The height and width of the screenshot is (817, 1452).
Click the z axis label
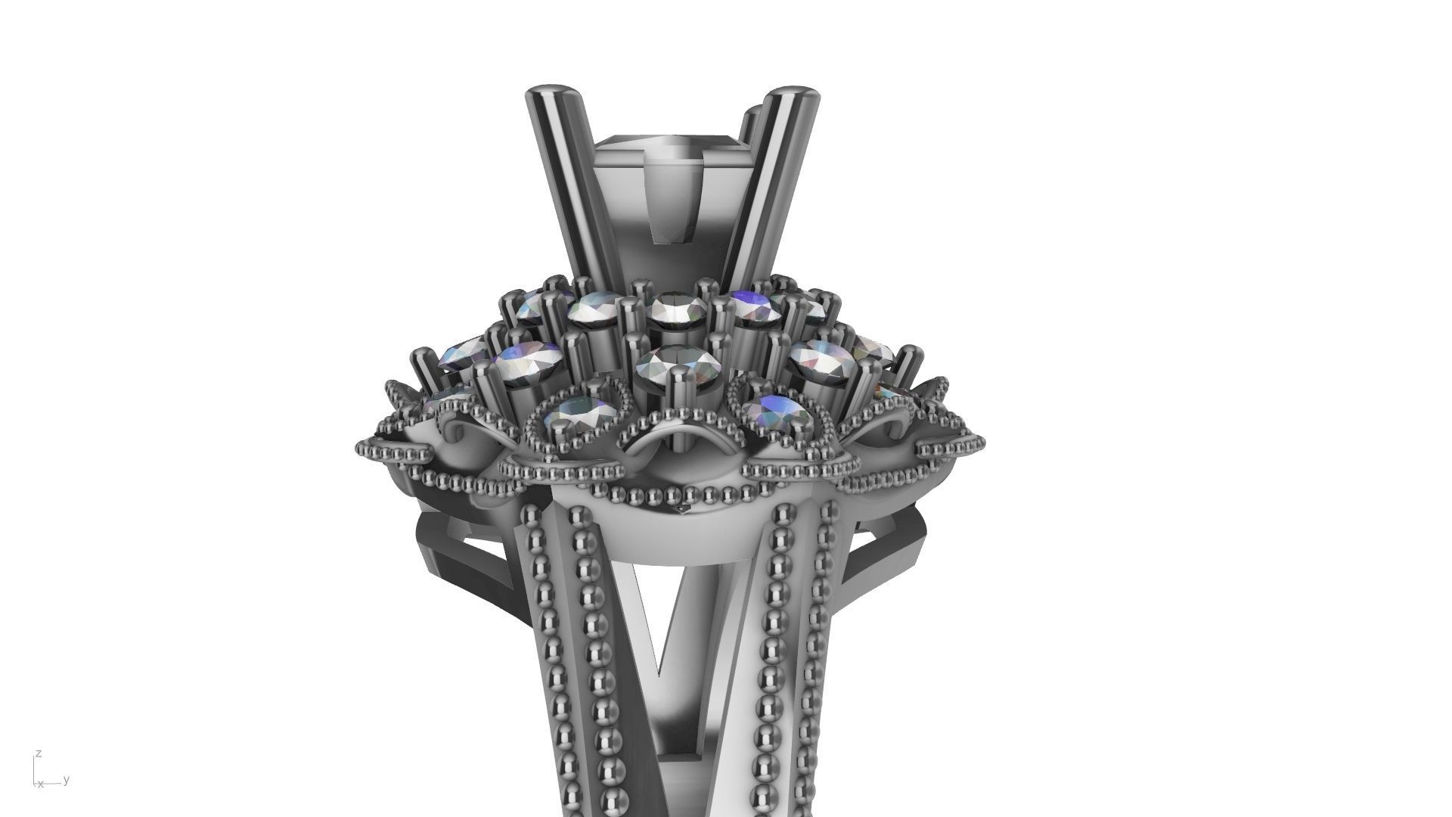[38, 753]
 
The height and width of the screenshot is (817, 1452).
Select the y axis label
[67, 779]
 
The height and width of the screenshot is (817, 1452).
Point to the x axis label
[41, 784]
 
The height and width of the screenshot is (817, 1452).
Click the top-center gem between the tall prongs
[669, 309]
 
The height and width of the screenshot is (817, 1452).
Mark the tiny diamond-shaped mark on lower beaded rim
[685, 509]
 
